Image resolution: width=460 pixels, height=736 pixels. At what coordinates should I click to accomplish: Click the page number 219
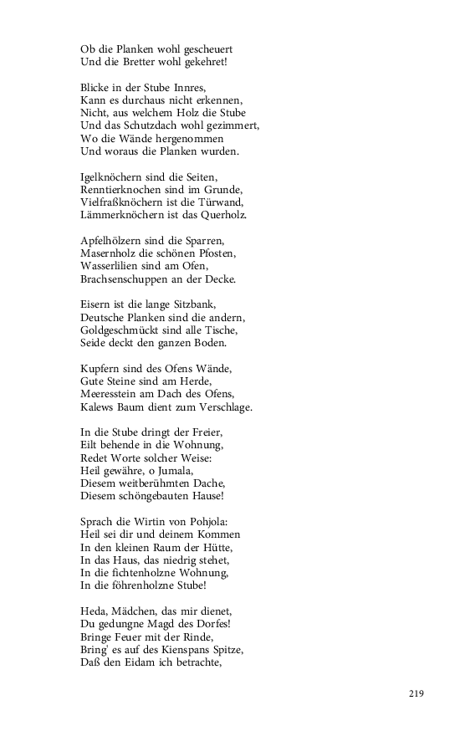coord(417,693)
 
